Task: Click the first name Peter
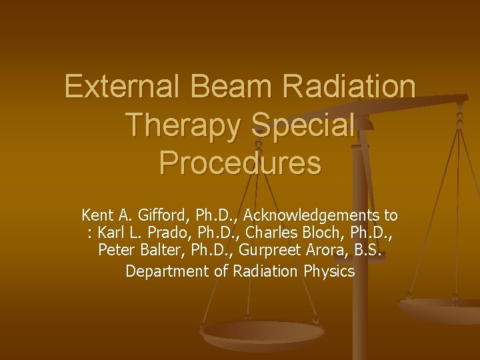tap(115, 253)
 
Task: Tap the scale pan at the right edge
tap(443, 308)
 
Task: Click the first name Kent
tap(97, 215)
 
